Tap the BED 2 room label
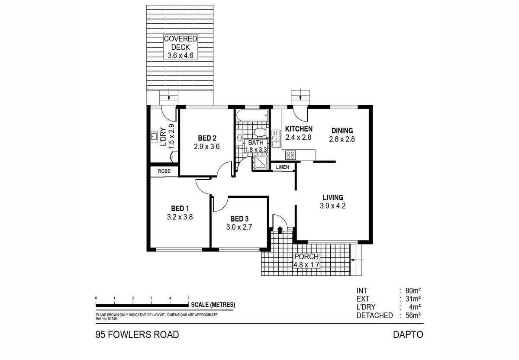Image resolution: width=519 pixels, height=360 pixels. (x=207, y=138)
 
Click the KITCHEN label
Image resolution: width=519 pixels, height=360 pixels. (x=299, y=129)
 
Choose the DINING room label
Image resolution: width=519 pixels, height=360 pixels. (x=342, y=130)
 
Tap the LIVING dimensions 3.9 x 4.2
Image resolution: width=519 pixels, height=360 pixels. (x=332, y=206)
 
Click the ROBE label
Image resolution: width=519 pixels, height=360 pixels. (x=164, y=171)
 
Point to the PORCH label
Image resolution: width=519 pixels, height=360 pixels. (x=306, y=257)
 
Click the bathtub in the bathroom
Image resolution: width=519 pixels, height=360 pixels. (x=252, y=116)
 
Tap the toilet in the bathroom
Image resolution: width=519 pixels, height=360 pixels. (x=259, y=132)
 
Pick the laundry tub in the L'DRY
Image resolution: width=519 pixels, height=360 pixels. (x=153, y=137)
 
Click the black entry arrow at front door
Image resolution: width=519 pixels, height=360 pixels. (x=280, y=229)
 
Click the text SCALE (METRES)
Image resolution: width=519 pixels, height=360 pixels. (x=215, y=305)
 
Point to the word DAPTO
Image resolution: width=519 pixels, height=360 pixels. (x=407, y=334)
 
